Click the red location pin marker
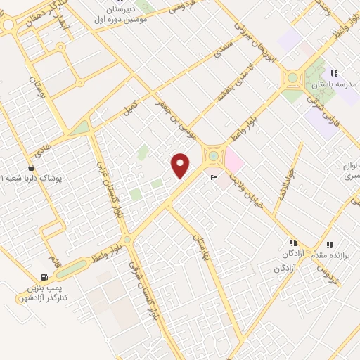(x=181, y=165)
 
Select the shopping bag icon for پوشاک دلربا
(x=31, y=168)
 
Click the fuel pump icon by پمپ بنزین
(x=45, y=277)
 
